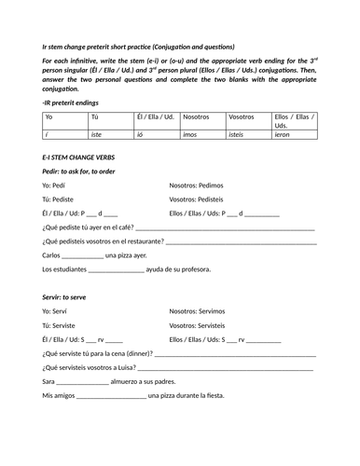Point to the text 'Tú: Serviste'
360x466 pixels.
click(62, 324)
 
